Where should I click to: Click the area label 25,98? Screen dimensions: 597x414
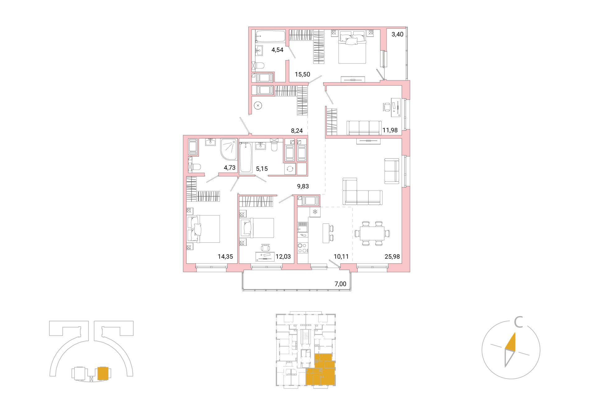392,256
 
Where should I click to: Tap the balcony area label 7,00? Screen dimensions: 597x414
340,284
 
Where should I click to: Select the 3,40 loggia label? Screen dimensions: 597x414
397,34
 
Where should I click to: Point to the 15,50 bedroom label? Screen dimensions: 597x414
302,74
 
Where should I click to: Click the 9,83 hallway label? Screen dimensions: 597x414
303,186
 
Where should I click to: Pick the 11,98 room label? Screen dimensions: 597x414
390,130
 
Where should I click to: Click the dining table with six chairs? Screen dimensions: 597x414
372,233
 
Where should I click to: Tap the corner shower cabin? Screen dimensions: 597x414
229,149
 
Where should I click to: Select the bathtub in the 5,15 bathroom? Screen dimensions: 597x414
246,157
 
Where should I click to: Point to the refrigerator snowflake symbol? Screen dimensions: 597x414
315,212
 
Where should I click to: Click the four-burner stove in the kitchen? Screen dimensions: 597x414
303,248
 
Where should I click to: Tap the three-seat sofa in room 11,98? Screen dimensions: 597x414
364,128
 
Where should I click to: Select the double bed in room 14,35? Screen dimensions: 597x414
203,229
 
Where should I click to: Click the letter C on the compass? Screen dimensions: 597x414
518,322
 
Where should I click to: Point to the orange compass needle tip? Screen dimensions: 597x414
515,333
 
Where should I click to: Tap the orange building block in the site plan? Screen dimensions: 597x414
103,373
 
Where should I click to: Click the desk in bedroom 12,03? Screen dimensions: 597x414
265,257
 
